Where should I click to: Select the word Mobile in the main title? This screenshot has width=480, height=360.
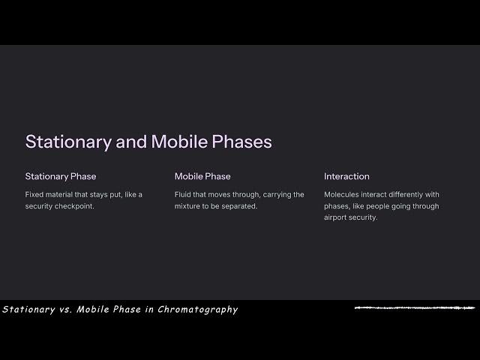pos(175,142)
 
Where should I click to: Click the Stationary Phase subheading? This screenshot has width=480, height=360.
pos(61,176)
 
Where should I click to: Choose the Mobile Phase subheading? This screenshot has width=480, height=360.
pos(202,176)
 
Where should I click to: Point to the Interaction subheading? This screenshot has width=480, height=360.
pos(346,176)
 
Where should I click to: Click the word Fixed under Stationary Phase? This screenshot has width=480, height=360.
pos(34,194)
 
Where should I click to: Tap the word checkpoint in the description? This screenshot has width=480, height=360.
pos(74,206)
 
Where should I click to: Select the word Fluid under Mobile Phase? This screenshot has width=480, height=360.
pos(184,194)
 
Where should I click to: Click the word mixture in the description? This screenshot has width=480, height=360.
pos(189,206)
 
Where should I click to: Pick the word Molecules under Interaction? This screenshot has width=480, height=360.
pos(342,194)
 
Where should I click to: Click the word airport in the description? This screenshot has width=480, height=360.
pos(337,217)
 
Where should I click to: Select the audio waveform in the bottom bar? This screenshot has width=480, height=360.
pos(415,307)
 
